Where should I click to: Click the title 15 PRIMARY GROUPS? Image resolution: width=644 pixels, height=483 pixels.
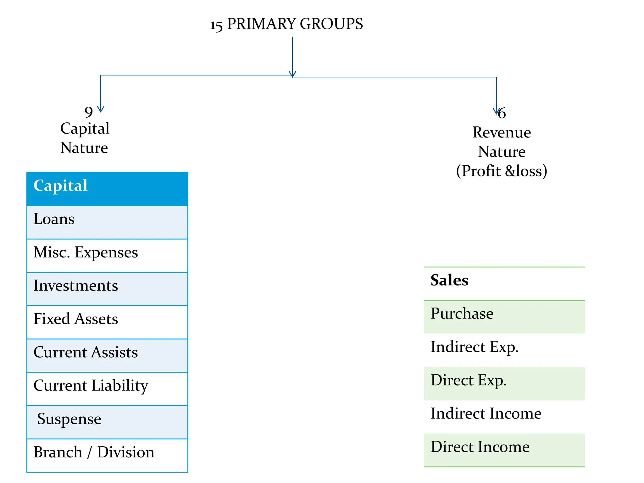pyautogui.click(x=286, y=24)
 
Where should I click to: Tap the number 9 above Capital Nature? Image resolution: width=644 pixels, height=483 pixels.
pyautogui.click(x=89, y=112)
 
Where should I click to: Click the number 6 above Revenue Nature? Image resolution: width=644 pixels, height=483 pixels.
pyautogui.click(x=502, y=113)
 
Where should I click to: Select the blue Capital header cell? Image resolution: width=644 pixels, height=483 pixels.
pyautogui.click(x=107, y=189)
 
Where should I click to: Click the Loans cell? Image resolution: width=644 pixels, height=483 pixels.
pyautogui.click(x=107, y=222)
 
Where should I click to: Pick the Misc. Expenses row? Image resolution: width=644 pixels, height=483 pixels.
pyautogui.click(x=107, y=255)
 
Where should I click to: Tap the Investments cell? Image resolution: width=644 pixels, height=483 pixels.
pyautogui.click(x=107, y=289)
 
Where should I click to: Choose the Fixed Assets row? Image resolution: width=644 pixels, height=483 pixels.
pyautogui.click(x=107, y=322)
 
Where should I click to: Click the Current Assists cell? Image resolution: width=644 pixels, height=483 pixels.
pyautogui.click(x=107, y=355)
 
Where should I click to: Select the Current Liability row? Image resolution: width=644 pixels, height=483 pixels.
pyautogui.click(x=107, y=389)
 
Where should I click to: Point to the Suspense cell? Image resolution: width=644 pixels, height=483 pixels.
pyautogui.click(x=107, y=422)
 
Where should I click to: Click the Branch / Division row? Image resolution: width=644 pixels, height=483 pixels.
pyautogui.click(x=107, y=455)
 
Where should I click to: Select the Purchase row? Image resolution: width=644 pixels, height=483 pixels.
pyautogui.click(x=504, y=317)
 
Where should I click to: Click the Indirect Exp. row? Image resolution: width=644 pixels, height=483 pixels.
pyautogui.click(x=504, y=350)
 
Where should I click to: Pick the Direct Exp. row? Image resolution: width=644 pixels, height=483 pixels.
pyautogui.click(x=504, y=383)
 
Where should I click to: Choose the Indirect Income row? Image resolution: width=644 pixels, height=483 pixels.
pyautogui.click(x=504, y=417)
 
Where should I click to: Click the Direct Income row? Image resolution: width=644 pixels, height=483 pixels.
pyautogui.click(x=504, y=450)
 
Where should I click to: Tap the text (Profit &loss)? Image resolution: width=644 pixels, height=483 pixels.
pyautogui.click(x=502, y=171)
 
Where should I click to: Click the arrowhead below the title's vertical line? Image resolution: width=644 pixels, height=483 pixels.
pyautogui.click(x=292, y=75)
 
